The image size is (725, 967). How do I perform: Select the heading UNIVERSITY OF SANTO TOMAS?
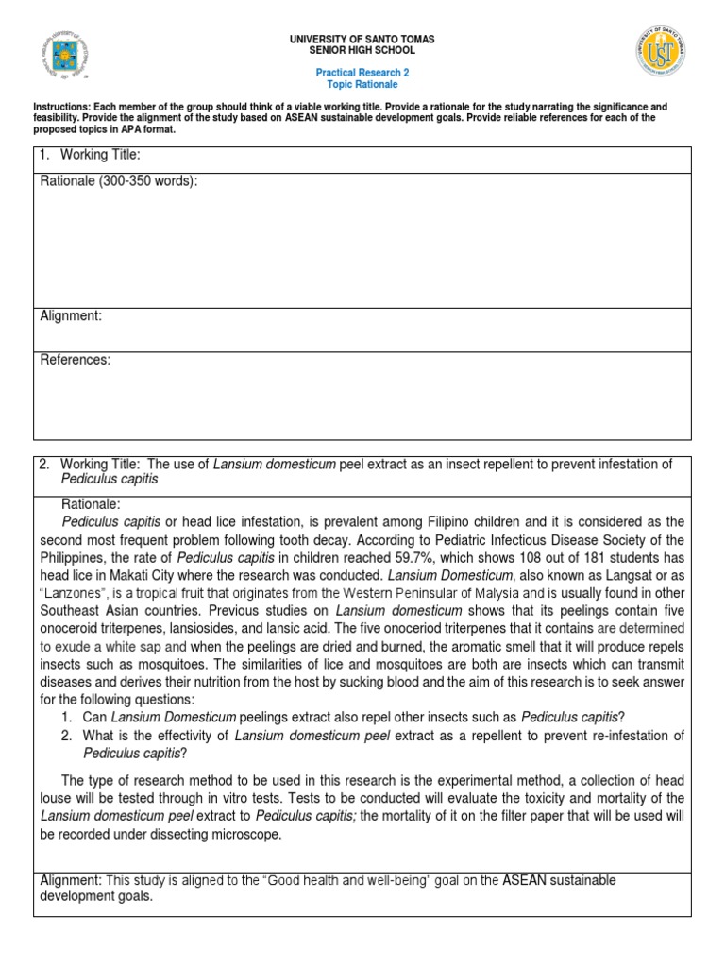pyautogui.click(x=362, y=40)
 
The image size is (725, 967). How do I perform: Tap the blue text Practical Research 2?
pyautogui.click(x=362, y=73)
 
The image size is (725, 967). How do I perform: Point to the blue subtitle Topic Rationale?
pyautogui.click(x=362, y=84)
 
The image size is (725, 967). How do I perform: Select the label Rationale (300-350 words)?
pyautogui.click(x=119, y=181)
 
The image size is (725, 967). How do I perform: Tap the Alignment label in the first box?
pyautogui.click(x=71, y=316)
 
